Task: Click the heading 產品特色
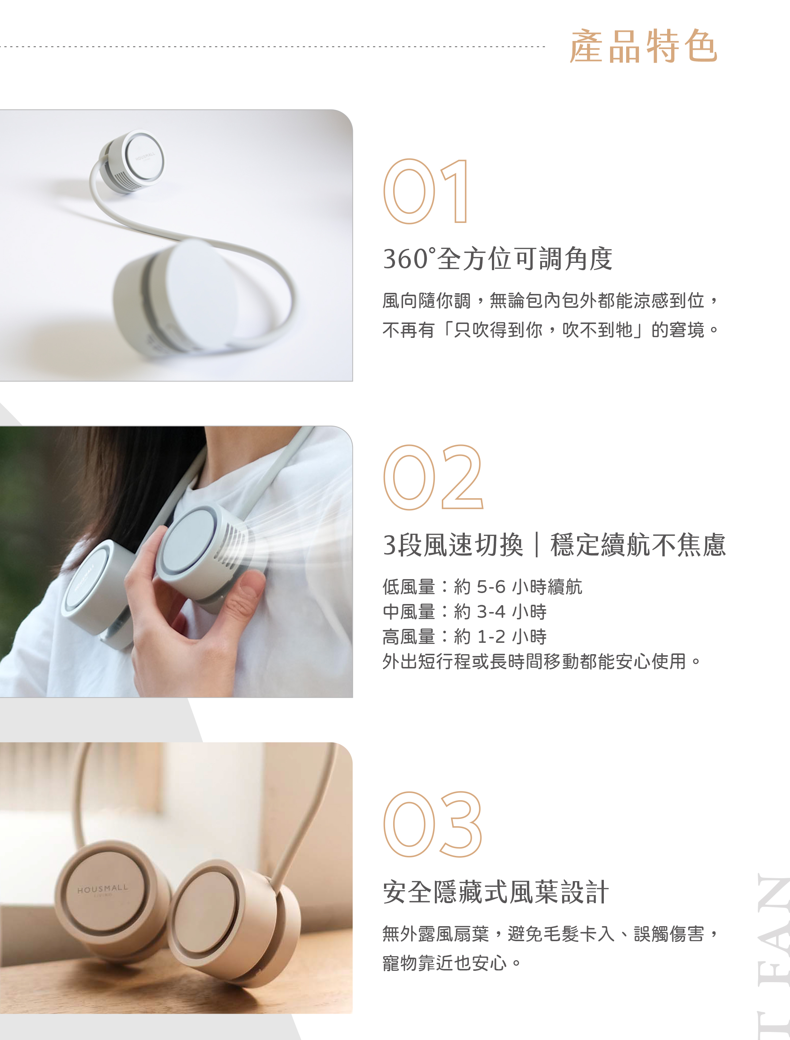[643, 46]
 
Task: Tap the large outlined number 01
[426, 191]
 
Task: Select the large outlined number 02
[433, 477]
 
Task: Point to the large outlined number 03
[433, 824]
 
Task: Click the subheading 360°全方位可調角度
[497, 259]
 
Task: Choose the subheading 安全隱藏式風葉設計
[496, 892]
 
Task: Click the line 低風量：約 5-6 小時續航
[482, 587]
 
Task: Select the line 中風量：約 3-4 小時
[464, 612]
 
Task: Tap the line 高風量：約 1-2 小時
[464, 637]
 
